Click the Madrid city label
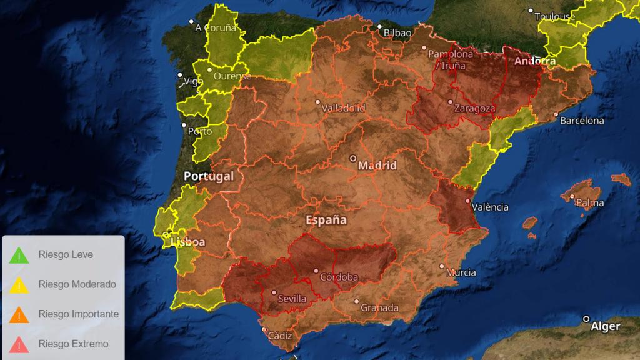377,166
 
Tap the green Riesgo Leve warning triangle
19,255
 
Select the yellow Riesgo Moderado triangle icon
19,285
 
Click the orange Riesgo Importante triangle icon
19,314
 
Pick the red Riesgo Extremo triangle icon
19,344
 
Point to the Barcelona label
582,121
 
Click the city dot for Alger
587,319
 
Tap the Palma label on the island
590,202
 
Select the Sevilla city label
292,299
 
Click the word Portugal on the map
209,176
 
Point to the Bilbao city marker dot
379,26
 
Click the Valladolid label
344,107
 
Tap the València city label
490,207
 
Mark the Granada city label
380,308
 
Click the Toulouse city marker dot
531,11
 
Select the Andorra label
535,61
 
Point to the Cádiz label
279,336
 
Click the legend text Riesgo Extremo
73,344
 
